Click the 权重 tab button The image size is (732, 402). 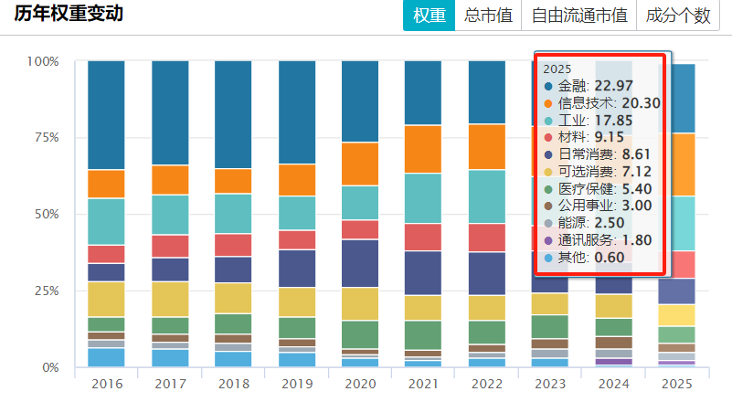tap(429, 16)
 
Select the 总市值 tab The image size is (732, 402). tap(487, 16)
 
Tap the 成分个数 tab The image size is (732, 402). tap(677, 16)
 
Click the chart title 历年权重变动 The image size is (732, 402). tap(69, 15)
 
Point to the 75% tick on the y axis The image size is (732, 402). tap(43, 138)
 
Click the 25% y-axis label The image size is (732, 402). tap(43, 291)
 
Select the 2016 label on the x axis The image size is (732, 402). tap(106, 384)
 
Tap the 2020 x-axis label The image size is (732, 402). tap(359, 384)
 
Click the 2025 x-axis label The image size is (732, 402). tap(675, 384)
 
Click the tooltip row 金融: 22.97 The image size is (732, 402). tap(599, 86)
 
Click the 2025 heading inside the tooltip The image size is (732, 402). tap(557, 69)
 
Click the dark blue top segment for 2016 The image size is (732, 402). tap(106, 115)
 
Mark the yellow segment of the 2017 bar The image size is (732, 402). tap(169, 299)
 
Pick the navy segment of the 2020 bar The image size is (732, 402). tap(359, 263)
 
